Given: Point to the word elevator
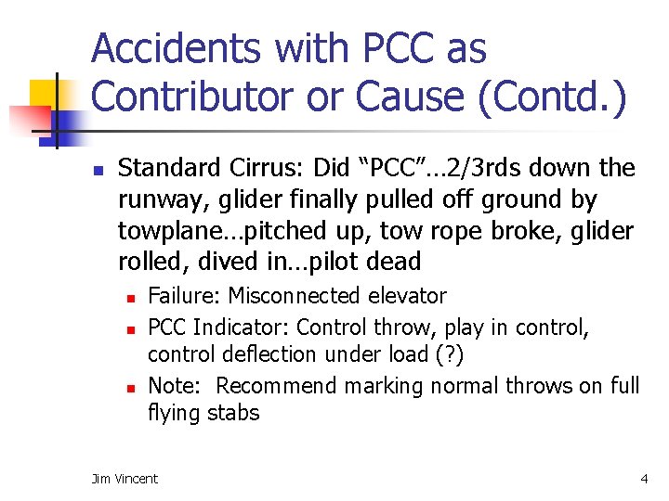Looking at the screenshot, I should point(405,296).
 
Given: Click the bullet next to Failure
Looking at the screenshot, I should point(131,298).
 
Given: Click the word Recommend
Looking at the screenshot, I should point(278,384).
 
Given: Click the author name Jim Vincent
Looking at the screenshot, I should point(125,479).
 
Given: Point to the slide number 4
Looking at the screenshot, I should point(644,479).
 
